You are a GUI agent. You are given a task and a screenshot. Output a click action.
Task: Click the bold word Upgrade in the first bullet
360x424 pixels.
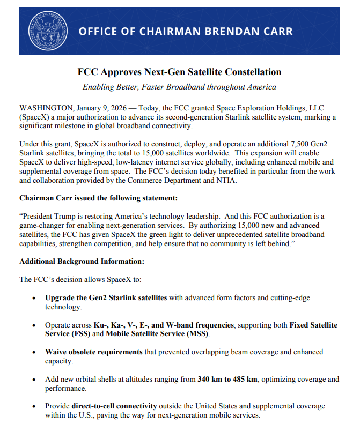point(60,297)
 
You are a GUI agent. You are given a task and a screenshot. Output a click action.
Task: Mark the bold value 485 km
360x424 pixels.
point(245,379)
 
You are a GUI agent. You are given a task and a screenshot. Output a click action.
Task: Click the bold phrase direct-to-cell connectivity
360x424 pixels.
point(114,406)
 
